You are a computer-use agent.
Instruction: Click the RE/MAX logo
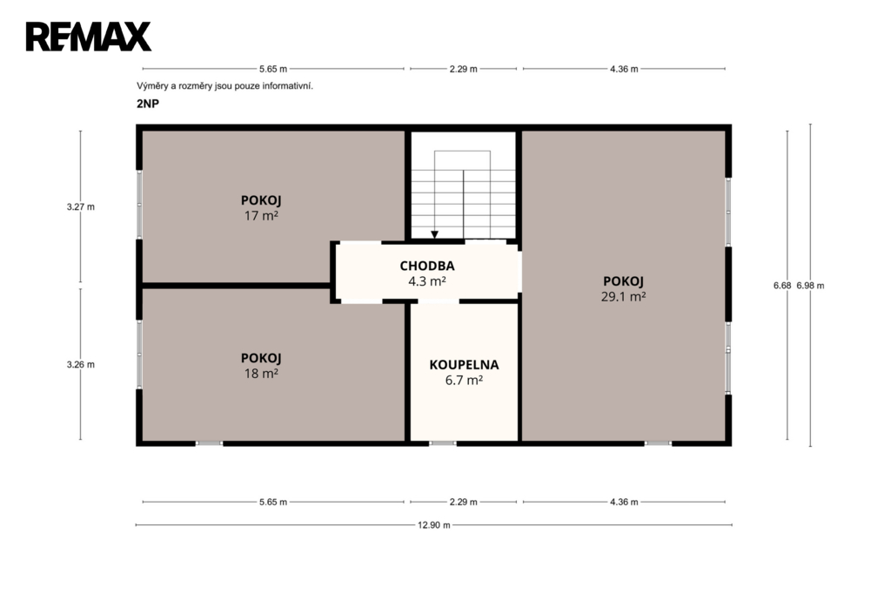click(89, 37)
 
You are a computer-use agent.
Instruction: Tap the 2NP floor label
click(148, 104)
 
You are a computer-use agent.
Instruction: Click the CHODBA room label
click(426, 266)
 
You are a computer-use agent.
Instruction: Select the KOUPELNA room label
click(464, 365)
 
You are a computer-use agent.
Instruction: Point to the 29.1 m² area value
click(623, 296)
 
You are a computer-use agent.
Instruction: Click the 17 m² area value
click(261, 216)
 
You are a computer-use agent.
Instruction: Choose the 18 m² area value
click(261, 374)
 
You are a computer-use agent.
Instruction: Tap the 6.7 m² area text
click(464, 380)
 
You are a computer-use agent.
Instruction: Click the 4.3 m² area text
click(426, 281)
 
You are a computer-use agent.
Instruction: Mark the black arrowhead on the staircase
click(435, 234)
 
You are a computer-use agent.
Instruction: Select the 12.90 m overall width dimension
click(434, 525)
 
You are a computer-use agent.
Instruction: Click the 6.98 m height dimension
click(810, 286)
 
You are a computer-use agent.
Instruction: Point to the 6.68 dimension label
click(782, 286)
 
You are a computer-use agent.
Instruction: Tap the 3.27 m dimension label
click(81, 207)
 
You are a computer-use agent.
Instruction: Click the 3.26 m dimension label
click(81, 365)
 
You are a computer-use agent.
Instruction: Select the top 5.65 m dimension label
click(273, 69)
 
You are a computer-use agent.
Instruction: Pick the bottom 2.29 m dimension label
click(463, 502)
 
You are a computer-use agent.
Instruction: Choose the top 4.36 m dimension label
click(624, 69)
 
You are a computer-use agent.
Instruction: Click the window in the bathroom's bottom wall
click(443, 443)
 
